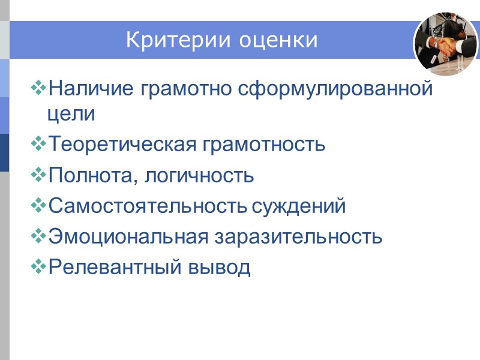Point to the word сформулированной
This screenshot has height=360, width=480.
[336, 89]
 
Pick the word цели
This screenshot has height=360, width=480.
[71, 114]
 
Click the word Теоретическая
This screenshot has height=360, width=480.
[119, 145]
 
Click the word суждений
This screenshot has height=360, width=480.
[299, 206]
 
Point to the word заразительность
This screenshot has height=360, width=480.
[297, 237]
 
